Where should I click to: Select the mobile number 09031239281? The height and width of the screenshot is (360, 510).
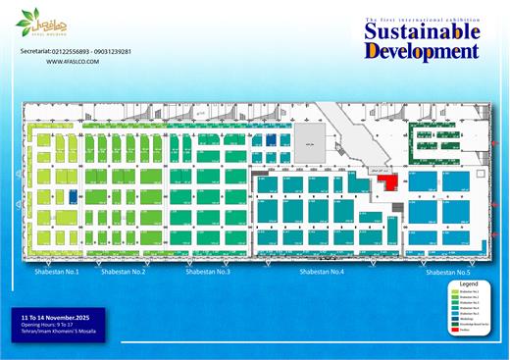click(114, 50)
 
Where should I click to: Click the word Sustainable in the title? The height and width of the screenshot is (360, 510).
click(421, 32)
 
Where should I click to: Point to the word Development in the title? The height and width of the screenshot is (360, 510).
click(422, 51)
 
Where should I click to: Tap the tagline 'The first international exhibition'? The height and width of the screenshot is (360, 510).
click(422, 20)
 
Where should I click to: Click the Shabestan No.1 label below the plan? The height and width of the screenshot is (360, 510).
click(57, 271)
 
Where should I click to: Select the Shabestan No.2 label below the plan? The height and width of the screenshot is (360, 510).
click(124, 271)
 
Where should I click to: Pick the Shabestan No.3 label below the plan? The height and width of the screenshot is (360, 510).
click(207, 271)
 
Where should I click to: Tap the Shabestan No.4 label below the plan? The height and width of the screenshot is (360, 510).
click(322, 271)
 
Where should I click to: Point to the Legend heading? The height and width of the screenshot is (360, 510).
click(466, 283)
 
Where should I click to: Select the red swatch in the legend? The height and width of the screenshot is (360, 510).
click(453, 330)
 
